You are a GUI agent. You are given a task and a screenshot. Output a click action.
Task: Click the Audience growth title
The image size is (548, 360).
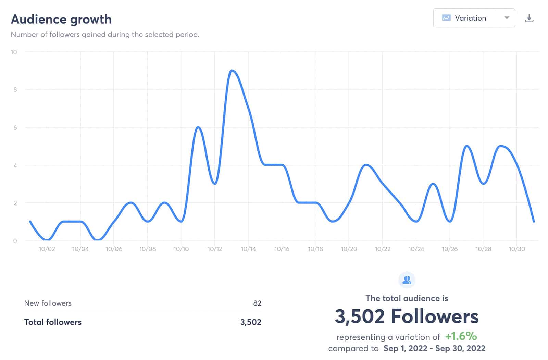[x=61, y=20]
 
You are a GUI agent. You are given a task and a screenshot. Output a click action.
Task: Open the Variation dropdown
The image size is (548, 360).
[x=474, y=18]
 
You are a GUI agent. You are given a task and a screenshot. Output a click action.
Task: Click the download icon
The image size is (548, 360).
[x=529, y=18]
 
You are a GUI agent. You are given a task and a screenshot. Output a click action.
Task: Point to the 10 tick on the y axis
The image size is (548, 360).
[x=14, y=52]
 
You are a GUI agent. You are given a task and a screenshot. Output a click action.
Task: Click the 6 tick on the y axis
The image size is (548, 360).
[x=15, y=127]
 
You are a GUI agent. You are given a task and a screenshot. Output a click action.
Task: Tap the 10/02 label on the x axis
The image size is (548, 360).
[x=47, y=249]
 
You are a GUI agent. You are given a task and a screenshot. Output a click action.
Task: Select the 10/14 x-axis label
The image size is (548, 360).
[x=248, y=249]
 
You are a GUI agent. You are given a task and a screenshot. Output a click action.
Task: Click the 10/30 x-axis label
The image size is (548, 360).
[x=517, y=249]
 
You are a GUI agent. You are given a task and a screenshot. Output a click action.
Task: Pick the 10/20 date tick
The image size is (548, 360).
[x=349, y=249]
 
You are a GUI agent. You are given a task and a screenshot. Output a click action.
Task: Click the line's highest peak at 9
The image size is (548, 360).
[x=232, y=71]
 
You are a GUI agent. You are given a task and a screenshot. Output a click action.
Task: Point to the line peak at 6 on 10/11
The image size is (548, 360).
[x=198, y=127]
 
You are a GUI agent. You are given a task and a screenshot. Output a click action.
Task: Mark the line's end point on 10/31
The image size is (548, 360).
[x=534, y=222]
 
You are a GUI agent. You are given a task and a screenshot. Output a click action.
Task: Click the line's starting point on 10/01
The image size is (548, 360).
[x=30, y=222]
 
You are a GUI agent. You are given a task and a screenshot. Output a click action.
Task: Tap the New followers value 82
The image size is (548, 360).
[x=257, y=303]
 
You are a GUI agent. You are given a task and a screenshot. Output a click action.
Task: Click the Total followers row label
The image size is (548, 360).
[x=53, y=322]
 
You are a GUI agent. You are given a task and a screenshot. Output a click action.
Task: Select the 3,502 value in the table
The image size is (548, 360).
[x=251, y=322]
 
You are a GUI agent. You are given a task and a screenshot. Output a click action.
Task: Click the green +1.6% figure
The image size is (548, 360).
[x=461, y=336]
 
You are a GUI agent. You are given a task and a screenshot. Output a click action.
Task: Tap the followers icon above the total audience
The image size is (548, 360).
[x=407, y=280]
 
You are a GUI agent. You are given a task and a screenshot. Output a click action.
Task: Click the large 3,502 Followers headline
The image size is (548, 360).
[x=407, y=316]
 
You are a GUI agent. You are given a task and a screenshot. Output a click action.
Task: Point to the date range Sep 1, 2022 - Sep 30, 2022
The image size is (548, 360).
[x=434, y=348]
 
